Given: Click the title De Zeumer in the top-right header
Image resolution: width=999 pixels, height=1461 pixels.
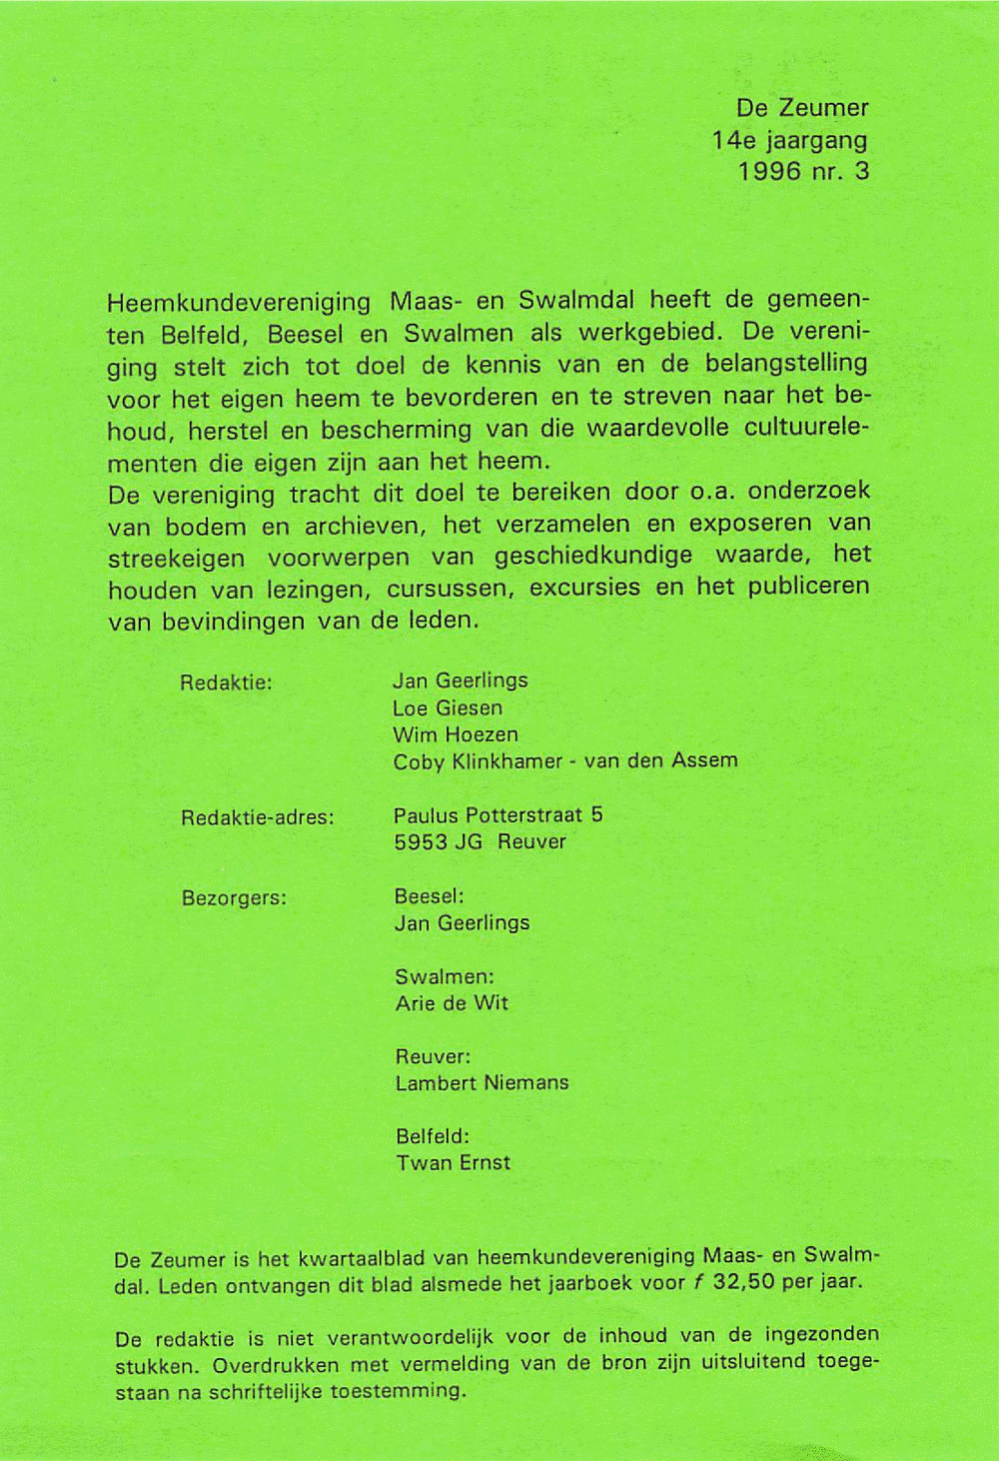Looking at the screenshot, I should [802, 107].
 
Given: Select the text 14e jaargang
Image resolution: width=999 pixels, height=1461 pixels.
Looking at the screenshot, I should [789, 139].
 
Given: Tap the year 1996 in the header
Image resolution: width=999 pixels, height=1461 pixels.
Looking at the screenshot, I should [769, 171].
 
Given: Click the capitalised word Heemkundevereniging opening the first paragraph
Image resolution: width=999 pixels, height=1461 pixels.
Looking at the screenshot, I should [239, 302].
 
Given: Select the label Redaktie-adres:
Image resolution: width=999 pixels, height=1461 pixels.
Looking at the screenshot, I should [257, 817].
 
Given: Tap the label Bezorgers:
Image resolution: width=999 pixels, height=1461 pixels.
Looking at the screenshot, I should [234, 897].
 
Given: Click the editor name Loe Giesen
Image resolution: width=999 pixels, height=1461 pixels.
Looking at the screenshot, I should [447, 708].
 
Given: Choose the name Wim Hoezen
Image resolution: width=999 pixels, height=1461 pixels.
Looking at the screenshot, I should [455, 734].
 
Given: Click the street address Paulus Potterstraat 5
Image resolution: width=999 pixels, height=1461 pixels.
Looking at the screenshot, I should [498, 814].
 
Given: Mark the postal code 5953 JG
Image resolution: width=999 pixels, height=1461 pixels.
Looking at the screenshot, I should [438, 841].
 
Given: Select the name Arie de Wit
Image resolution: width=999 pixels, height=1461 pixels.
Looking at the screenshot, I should [452, 1003].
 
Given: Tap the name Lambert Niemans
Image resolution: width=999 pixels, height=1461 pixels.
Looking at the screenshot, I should [482, 1083].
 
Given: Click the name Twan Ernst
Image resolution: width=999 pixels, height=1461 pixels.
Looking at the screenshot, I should [453, 1163].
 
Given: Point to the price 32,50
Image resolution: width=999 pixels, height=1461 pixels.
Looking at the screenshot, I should [745, 1282].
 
